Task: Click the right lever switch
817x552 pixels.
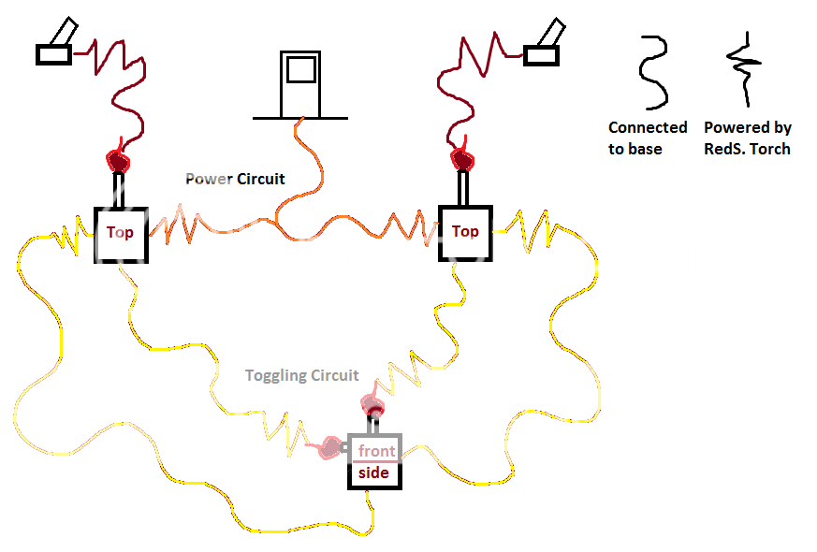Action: point(542,48)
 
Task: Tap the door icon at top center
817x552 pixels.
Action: point(300,85)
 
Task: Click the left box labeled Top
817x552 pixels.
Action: point(120,233)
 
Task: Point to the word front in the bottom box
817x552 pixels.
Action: point(376,451)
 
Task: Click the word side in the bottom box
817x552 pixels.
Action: point(373,474)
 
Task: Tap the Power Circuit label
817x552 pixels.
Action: point(235,179)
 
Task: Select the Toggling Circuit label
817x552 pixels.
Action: point(301,375)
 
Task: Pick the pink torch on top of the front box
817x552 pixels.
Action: point(373,405)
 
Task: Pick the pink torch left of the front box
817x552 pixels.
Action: point(332,448)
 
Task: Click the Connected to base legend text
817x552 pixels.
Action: point(648,138)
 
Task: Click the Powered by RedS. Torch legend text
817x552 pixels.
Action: point(747,138)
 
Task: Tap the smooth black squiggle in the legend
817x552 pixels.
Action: point(652,72)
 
